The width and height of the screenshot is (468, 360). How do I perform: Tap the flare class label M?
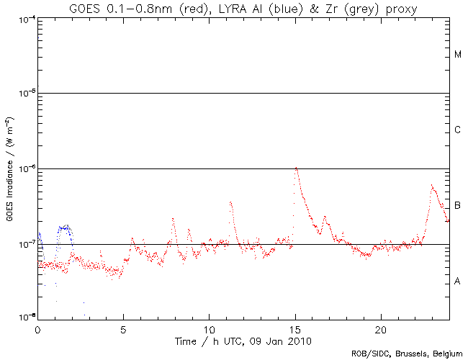(x=458, y=55)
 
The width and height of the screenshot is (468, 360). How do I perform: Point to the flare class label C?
(x=458, y=130)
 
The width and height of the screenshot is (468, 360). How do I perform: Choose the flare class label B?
(x=458, y=206)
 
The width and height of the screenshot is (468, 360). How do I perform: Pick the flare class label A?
(x=458, y=282)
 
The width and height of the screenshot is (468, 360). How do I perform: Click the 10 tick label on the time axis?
(x=209, y=328)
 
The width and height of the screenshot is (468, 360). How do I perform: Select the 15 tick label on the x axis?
(x=295, y=328)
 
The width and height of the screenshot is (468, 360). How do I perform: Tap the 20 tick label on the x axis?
(x=380, y=328)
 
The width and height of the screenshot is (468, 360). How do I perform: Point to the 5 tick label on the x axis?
(x=123, y=328)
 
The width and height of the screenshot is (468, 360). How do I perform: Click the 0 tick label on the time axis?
(x=37, y=328)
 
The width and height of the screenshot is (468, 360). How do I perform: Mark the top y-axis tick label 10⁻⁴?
(x=24, y=18)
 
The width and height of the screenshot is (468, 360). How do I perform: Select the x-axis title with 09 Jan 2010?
(x=241, y=339)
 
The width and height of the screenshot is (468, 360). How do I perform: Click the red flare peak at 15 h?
(x=296, y=168)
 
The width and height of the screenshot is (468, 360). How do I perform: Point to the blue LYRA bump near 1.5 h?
(x=66, y=227)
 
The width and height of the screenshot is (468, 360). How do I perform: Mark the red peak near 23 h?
(x=431, y=185)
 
